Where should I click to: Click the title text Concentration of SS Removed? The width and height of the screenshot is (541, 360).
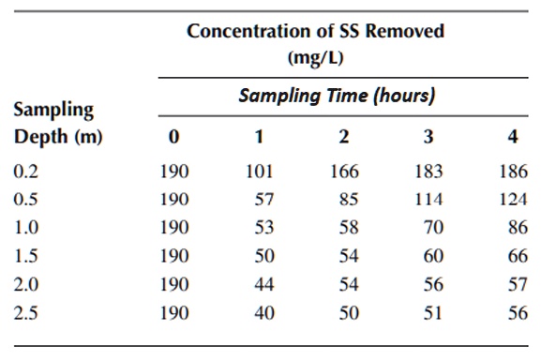(x=315, y=30)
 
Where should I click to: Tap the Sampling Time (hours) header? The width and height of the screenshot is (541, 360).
(x=337, y=96)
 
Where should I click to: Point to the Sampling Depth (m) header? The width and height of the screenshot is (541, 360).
(x=57, y=123)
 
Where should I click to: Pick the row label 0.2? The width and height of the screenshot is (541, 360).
(x=27, y=172)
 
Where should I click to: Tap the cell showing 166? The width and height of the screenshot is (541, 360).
(x=344, y=172)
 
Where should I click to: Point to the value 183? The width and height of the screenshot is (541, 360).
(x=428, y=172)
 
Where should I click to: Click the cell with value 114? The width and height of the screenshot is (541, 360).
(x=428, y=199)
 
